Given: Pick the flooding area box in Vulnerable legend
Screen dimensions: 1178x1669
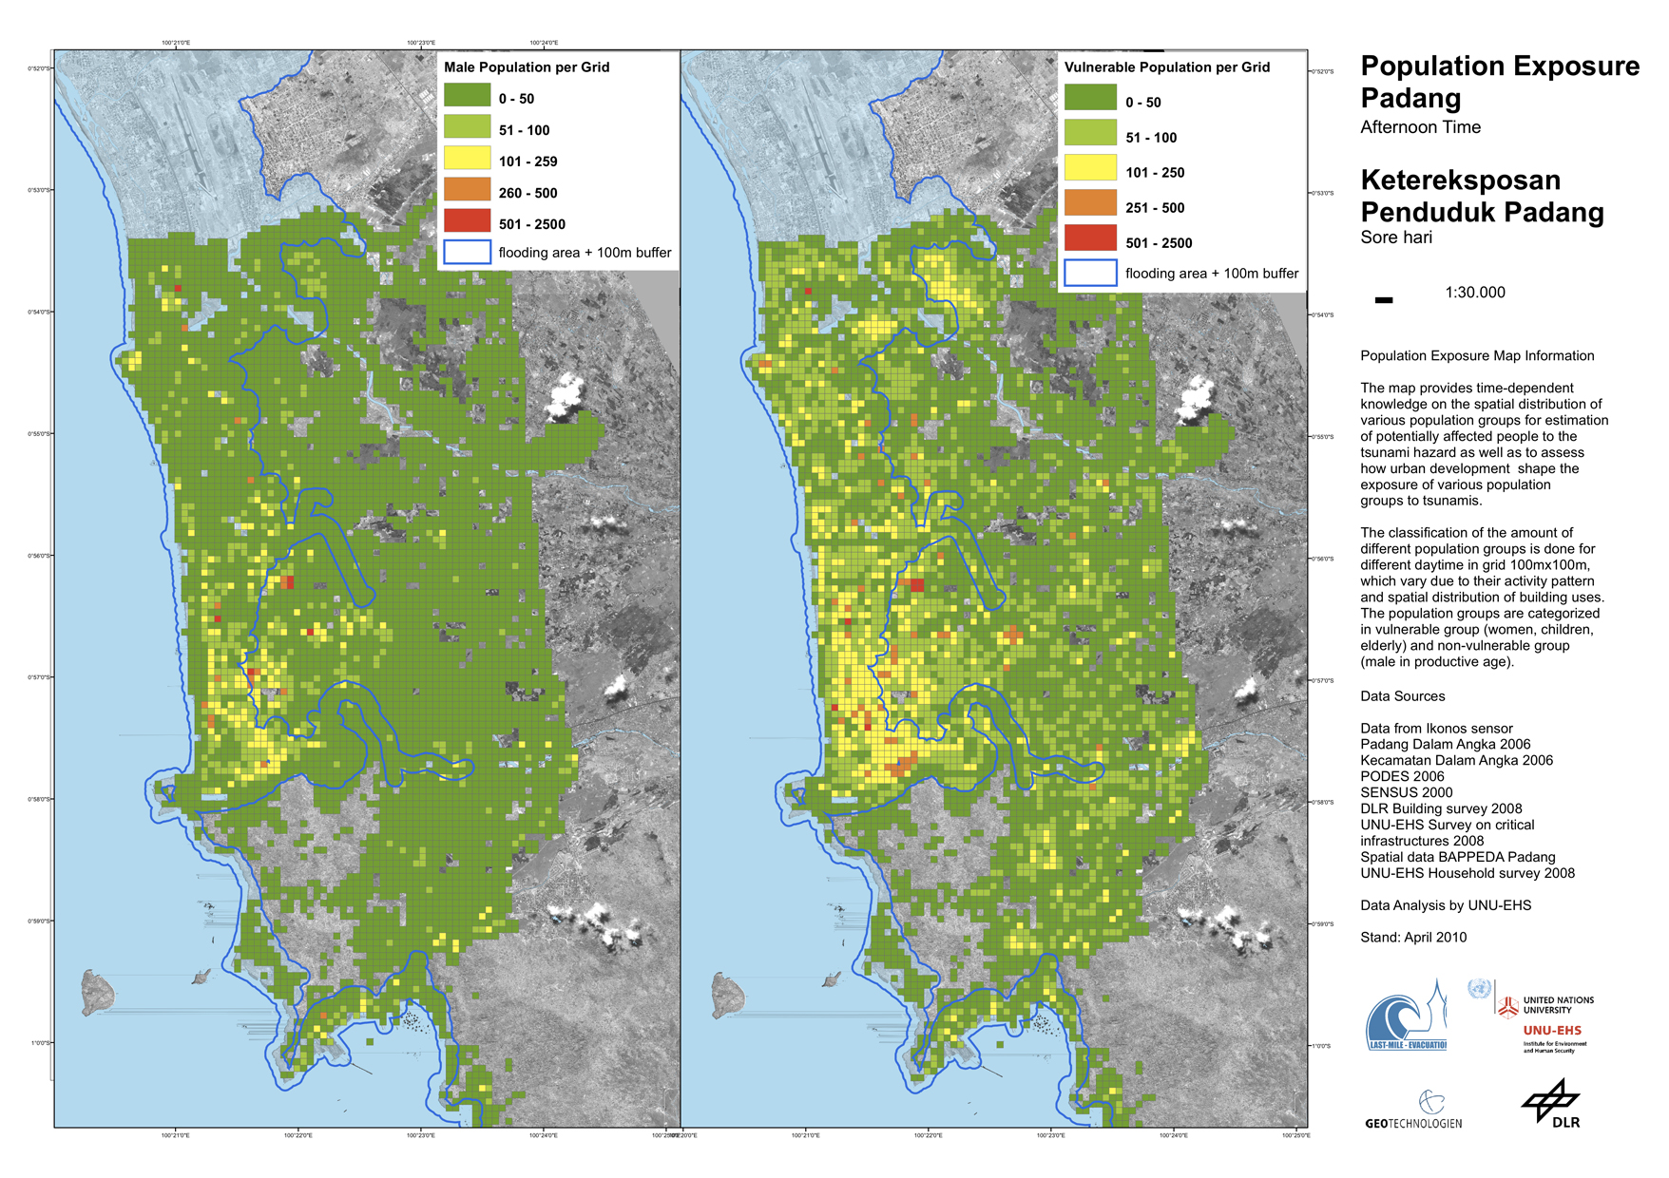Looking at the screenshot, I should tap(1089, 273).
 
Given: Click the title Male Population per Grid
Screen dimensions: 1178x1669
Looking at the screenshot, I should tap(527, 67).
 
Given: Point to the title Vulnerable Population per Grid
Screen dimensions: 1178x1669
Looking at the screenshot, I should tap(1166, 67).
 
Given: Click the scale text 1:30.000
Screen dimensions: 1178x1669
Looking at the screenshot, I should tap(1474, 293).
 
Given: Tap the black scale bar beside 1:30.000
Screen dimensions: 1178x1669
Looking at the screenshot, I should tap(1384, 300).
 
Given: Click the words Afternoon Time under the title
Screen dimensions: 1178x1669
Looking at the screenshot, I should tap(1420, 127).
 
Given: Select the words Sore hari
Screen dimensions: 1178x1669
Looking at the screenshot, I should tap(1395, 237).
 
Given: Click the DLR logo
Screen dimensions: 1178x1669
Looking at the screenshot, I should tap(1552, 1104).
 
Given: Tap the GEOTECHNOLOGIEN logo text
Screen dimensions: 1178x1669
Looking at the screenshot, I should tap(1413, 1123).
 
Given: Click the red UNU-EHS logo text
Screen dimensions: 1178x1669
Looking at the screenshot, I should tap(1552, 1031).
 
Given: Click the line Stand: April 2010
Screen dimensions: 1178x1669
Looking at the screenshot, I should tap(1412, 937).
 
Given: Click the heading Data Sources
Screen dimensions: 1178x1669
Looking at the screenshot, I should tap(1402, 696).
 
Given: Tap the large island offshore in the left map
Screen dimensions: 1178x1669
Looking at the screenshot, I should tap(97, 992).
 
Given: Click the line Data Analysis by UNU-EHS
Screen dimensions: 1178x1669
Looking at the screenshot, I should tap(1445, 905).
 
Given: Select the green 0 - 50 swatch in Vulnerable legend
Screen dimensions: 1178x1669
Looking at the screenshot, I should tap(1089, 99).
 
